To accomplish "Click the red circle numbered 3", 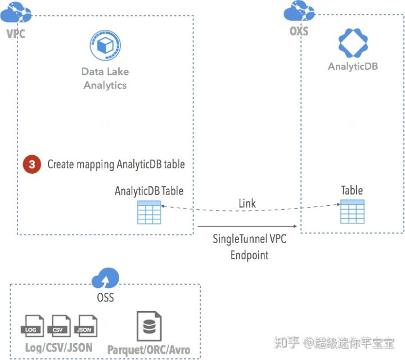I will tap(32, 165).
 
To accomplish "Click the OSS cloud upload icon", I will tap(105, 277).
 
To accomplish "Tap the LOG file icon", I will tap(31, 326).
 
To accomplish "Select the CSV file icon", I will tap(59, 326).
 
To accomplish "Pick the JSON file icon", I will tap(85, 326).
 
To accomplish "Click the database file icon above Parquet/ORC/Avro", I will tap(148, 325).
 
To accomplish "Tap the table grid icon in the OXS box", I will tap(352, 211).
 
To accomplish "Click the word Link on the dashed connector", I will tap(247, 203).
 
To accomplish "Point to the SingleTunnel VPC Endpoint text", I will tap(249, 246).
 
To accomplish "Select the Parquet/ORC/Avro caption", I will tap(148, 349).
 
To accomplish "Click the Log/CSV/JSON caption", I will tap(59, 347).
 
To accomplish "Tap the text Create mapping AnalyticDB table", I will tap(116, 165).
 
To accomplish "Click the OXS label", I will tap(299, 31).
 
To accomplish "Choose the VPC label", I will tap(16, 34).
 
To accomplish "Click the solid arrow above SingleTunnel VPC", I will tap(247, 226).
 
